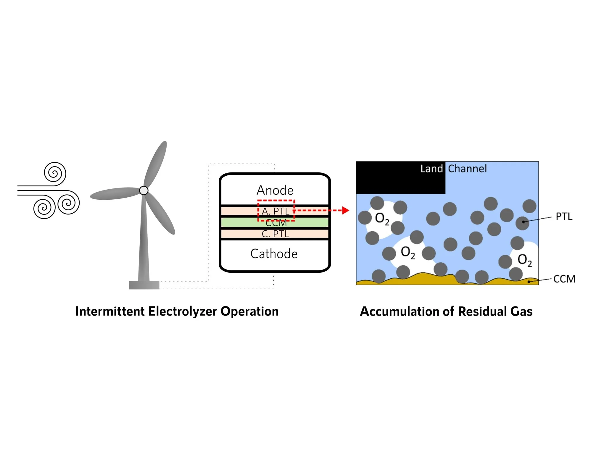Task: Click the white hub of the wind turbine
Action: pos(144,190)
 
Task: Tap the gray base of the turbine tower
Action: pos(144,285)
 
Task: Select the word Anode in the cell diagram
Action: pos(275,190)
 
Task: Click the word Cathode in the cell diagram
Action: pos(274,254)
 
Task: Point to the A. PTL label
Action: pos(276,211)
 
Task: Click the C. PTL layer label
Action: pos(276,234)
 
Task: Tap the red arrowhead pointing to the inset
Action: pos(345,210)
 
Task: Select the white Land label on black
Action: pos(431,169)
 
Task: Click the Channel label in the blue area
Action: pos(467,169)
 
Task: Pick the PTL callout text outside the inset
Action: pos(564,217)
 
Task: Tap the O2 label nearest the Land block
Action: pos(382,219)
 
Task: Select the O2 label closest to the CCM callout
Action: pos(525,260)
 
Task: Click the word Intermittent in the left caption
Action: pos(110,311)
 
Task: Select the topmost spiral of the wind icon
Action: pos(55,173)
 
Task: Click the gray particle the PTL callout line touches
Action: pos(522,223)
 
